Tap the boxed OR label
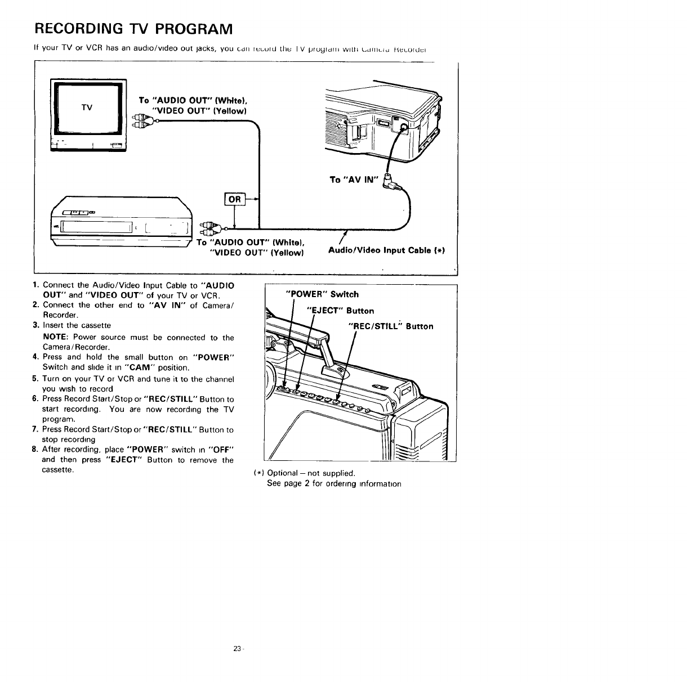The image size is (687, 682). (x=234, y=199)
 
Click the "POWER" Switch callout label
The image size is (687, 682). (x=322, y=294)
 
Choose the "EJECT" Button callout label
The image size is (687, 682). (x=340, y=311)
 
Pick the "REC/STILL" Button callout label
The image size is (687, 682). (x=391, y=326)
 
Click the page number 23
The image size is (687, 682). (x=237, y=649)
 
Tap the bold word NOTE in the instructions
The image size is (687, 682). (x=56, y=338)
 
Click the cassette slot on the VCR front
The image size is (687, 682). (x=96, y=226)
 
